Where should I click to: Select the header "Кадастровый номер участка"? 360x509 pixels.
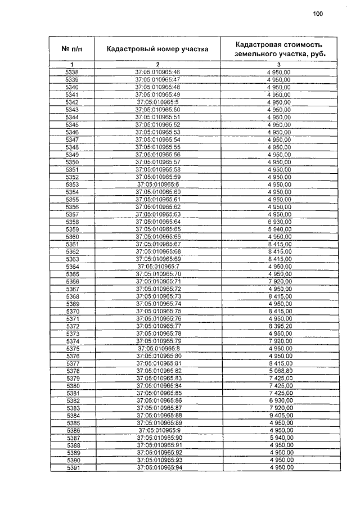(157, 49)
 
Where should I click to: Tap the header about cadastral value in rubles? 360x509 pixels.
(279, 49)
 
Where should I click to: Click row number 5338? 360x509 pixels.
(73, 73)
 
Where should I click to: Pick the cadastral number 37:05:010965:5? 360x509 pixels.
(157, 102)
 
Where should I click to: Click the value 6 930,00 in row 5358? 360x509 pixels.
(279, 222)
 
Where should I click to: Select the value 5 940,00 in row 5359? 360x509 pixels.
(279, 229)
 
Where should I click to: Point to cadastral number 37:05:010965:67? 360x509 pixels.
(157, 244)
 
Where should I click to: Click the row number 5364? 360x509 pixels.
(73, 267)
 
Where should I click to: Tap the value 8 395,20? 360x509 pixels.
(279, 326)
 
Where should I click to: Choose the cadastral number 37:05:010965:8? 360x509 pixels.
(157, 349)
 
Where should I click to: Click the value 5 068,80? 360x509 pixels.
(279, 371)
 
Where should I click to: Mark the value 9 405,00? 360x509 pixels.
(279, 416)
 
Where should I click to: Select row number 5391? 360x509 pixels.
(73, 468)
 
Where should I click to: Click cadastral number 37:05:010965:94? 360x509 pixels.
(157, 468)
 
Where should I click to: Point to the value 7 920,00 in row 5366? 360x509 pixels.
(279, 281)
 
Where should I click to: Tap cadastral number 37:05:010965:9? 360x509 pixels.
(157, 430)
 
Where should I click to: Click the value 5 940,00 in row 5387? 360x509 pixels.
(279, 438)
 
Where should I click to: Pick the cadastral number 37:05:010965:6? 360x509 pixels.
(157, 184)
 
